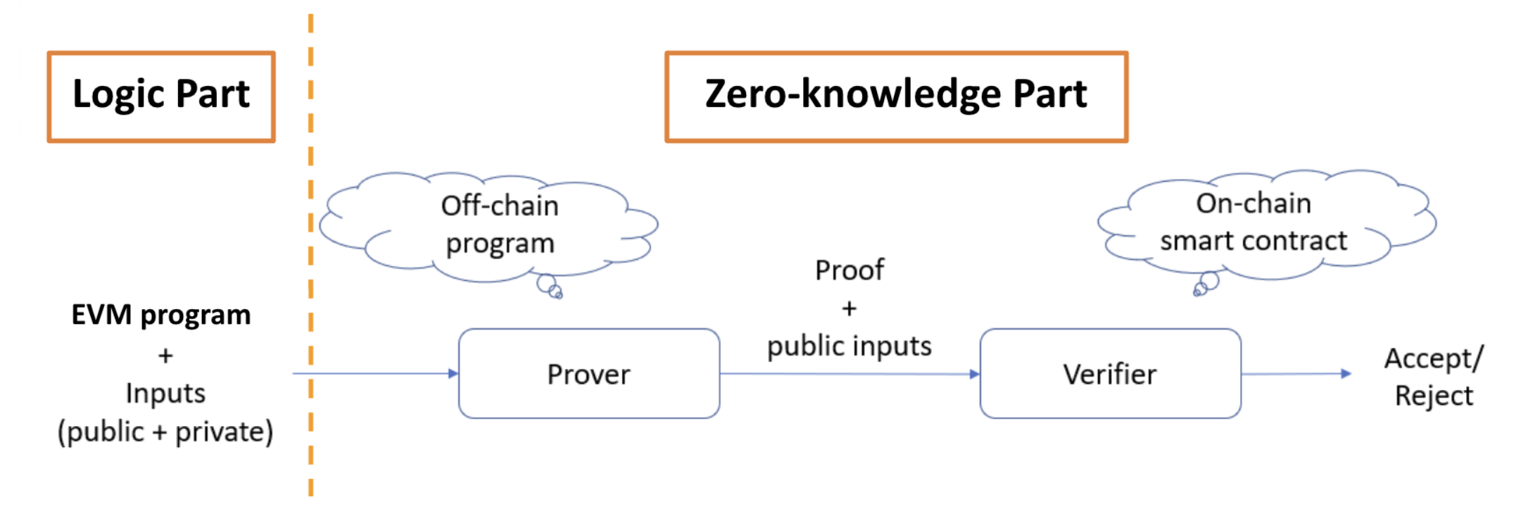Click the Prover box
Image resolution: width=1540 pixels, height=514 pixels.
(588, 374)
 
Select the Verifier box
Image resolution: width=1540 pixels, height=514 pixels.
(1110, 374)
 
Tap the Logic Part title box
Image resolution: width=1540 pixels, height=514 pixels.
(161, 96)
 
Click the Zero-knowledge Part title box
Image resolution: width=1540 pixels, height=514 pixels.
(896, 96)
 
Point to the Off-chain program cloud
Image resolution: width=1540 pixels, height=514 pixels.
(493, 225)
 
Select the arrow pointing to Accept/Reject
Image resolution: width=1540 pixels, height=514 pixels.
(1295, 374)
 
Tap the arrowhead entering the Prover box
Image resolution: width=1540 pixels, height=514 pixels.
(453, 373)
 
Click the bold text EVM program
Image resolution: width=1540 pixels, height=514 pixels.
(161, 315)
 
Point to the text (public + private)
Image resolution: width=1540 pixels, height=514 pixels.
(165, 432)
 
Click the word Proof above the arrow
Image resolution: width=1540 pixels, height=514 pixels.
(850, 270)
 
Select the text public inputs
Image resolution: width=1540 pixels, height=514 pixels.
(850, 346)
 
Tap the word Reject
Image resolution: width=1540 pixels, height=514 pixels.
(1434, 396)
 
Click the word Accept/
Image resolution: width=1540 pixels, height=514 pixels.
(1434, 359)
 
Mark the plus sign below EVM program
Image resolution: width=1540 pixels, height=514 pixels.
(165, 356)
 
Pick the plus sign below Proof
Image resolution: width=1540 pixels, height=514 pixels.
(850, 308)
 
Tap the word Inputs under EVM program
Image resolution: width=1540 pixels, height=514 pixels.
(165, 394)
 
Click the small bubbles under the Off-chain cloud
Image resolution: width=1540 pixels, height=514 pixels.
(549, 287)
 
